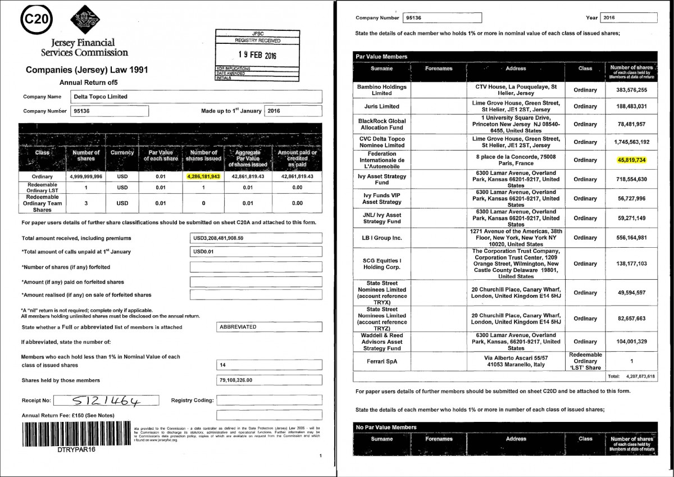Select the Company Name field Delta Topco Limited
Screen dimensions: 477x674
197,97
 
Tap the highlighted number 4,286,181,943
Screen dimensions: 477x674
204,176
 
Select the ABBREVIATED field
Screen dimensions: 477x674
269,327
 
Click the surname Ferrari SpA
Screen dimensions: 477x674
382,361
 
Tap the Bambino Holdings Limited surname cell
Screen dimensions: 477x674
382,90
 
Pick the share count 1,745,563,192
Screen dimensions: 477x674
632,142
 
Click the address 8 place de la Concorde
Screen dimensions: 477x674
516,157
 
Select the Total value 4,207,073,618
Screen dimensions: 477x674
639,376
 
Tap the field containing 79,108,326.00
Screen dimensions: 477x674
269,380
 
